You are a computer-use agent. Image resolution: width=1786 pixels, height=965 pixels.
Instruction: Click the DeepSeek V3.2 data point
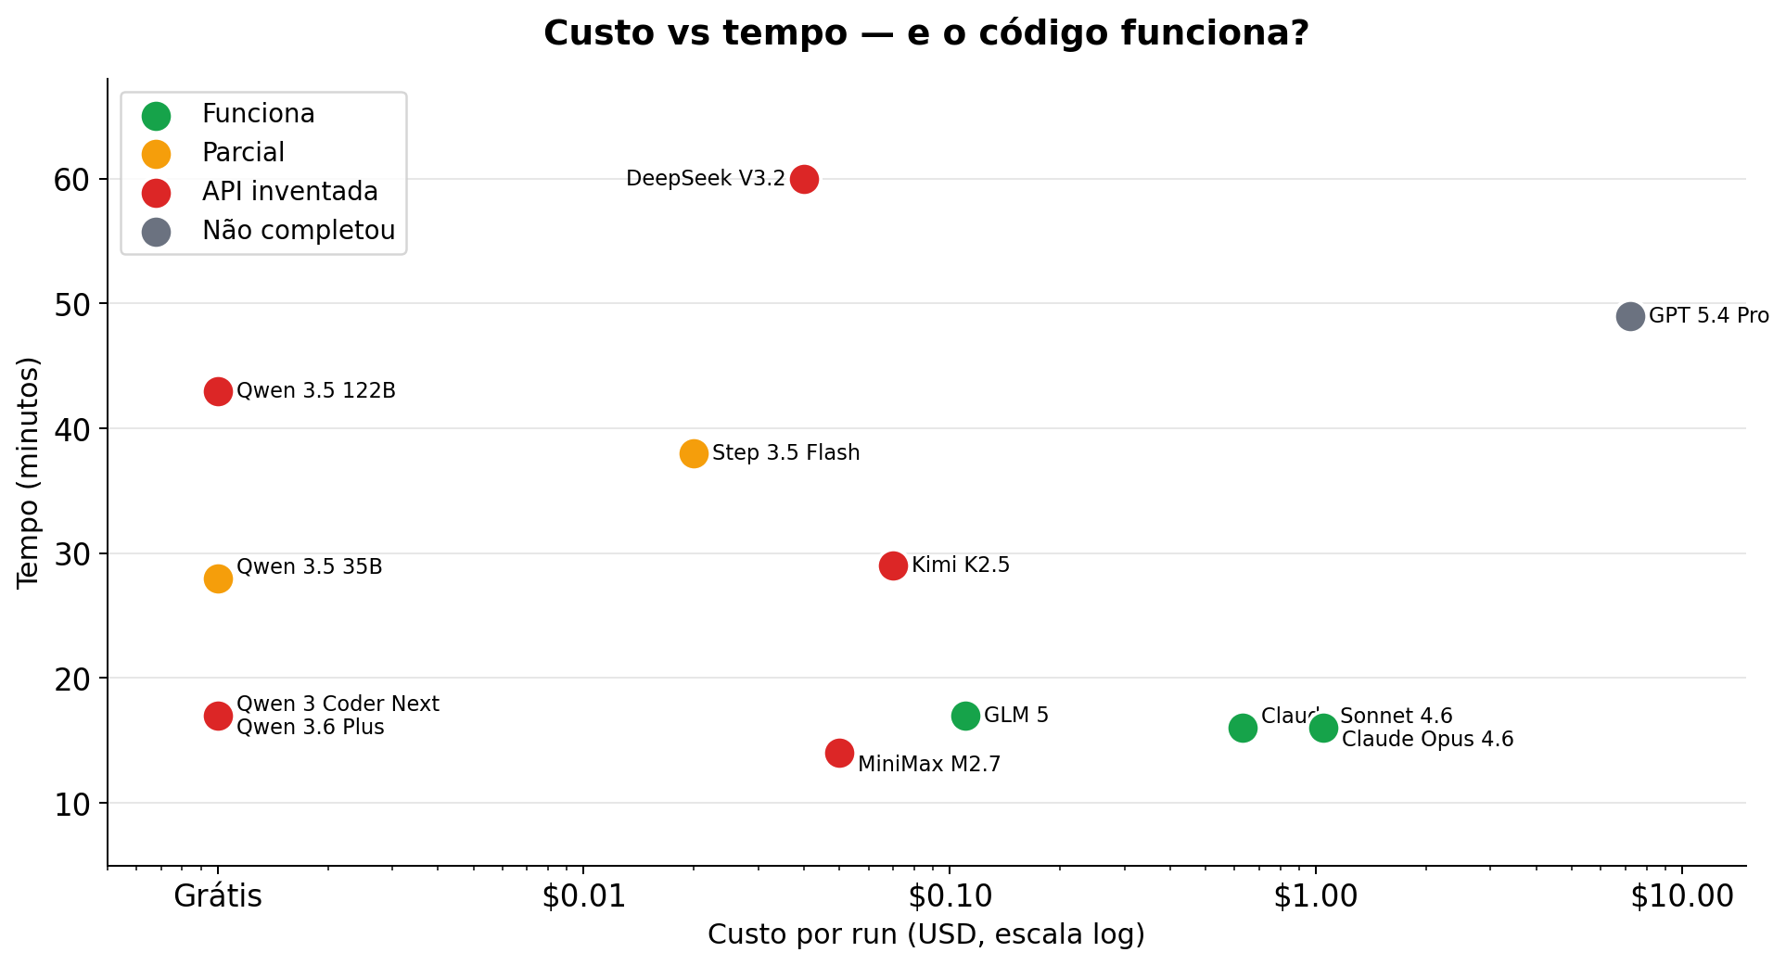pyautogui.click(x=804, y=179)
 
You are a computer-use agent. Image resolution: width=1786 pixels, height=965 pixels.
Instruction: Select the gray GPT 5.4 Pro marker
pyautogui.click(x=1630, y=316)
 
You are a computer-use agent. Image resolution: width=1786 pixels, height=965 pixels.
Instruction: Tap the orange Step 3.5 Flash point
pyautogui.click(x=694, y=453)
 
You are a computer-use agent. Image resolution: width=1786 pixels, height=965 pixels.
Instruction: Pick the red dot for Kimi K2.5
pyautogui.click(x=893, y=565)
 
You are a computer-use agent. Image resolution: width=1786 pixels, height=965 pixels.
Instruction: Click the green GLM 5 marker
pyautogui.click(x=965, y=716)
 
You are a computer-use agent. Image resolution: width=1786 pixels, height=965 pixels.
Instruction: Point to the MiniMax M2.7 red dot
pyautogui.click(x=839, y=753)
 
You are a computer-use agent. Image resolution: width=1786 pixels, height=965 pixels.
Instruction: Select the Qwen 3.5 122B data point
pyautogui.click(x=218, y=391)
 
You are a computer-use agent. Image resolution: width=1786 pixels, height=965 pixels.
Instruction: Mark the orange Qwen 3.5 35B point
pyautogui.click(x=218, y=578)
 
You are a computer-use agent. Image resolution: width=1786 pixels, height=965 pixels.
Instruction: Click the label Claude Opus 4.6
pyautogui.click(x=1427, y=740)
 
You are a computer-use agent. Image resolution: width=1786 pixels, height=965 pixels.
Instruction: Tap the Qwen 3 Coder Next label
pyautogui.click(x=338, y=705)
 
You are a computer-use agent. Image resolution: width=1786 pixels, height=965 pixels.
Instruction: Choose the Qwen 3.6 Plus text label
pyautogui.click(x=310, y=728)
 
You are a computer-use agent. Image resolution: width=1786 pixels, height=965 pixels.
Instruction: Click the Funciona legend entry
pyautogui.click(x=258, y=114)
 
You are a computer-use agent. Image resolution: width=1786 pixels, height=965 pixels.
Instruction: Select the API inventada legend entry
pyautogui.click(x=289, y=192)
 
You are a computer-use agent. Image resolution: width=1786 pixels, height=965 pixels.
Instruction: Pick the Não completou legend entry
pyautogui.click(x=298, y=231)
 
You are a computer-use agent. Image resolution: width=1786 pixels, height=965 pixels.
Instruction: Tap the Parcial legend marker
pyautogui.click(x=157, y=154)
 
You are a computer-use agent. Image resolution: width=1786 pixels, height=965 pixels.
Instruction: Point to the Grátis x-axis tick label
pyautogui.click(x=218, y=896)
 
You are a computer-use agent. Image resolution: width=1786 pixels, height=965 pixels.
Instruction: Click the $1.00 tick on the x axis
pyautogui.click(x=1315, y=896)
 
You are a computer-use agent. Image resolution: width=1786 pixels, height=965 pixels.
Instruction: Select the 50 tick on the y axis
pyautogui.click(x=71, y=304)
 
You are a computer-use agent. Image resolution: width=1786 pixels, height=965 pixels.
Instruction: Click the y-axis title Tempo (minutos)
pyautogui.click(x=29, y=473)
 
